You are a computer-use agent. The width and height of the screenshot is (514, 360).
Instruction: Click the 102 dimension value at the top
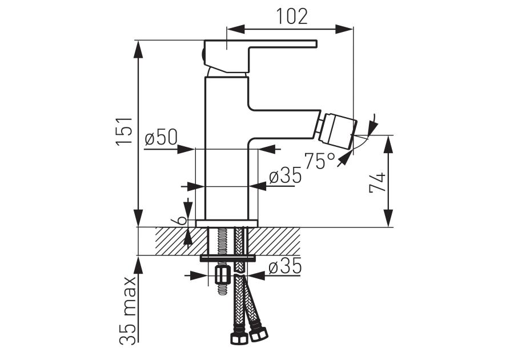point(292,15)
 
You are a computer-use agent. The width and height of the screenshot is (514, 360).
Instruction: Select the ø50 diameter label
point(161,138)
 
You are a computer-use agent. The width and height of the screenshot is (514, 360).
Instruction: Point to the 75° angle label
point(320,161)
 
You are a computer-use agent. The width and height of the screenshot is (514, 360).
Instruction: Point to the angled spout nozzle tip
point(338,129)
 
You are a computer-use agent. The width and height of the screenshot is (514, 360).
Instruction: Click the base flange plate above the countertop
point(227,223)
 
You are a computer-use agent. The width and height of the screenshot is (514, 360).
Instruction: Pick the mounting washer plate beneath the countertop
point(227,258)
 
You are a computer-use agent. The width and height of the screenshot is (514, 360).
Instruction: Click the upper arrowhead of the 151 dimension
point(139,48)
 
